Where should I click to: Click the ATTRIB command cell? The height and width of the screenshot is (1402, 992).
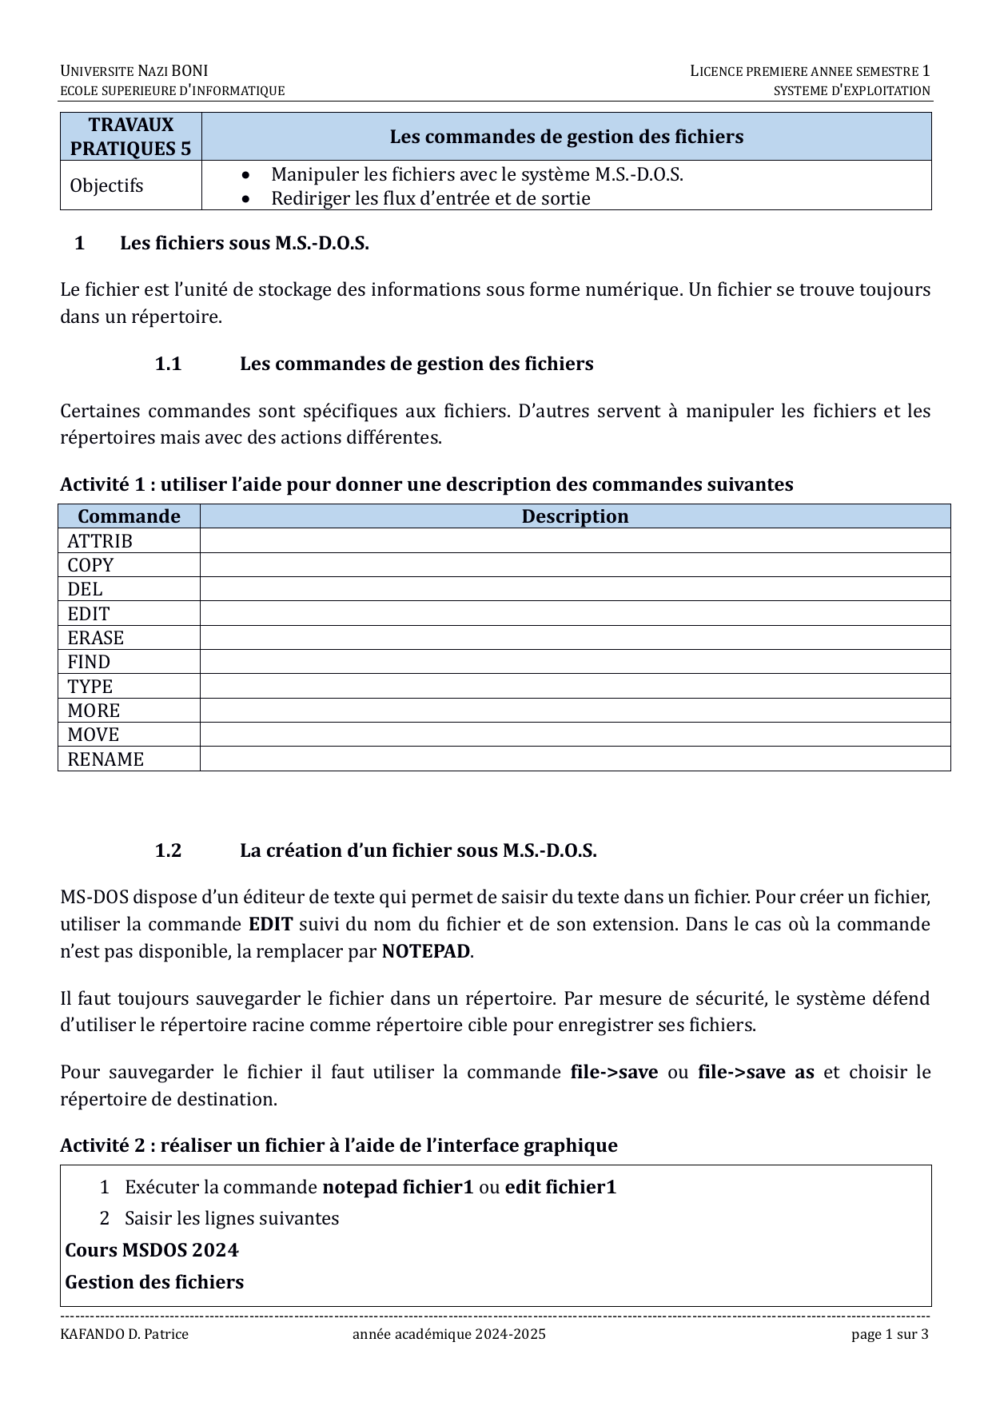pyautogui.click(x=100, y=541)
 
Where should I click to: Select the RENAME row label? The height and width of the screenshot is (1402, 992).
pyautogui.click(x=106, y=759)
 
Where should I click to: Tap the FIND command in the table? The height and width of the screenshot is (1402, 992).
pyautogui.click(x=89, y=662)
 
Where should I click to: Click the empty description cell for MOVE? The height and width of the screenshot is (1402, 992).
pyautogui.click(x=574, y=735)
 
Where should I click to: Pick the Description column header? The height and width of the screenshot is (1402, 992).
pyautogui.click(x=575, y=516)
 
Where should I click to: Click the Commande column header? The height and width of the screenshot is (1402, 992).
pyautogui.click(x=129, y=516)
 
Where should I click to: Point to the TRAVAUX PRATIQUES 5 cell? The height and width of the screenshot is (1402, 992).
pyautogui.click(x=130, y=137)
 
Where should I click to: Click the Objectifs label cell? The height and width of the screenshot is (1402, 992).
pyautogui.click(x=106, y=185)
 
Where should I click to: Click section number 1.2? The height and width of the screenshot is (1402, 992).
pyautogui.click(x=168, y=850)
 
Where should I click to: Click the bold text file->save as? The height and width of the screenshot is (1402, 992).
pyautogui.click(x=755, y=1072)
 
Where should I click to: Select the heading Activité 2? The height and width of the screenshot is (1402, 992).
pyautogui.click(x=338, y=1145)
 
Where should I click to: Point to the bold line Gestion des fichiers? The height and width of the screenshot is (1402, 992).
pyautogui.click(x=154, y=1282)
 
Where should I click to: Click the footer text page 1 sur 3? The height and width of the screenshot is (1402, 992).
pyautogui.click(x=890, y=1334)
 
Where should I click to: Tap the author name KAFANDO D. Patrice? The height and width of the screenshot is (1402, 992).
pyautogui.click(x=124, y=1334)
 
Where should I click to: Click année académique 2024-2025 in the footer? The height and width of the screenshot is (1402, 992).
pyautogui.click(x=448, y=1334)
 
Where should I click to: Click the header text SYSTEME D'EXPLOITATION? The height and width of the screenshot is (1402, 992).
pyautogui.click(x=851, y=90)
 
